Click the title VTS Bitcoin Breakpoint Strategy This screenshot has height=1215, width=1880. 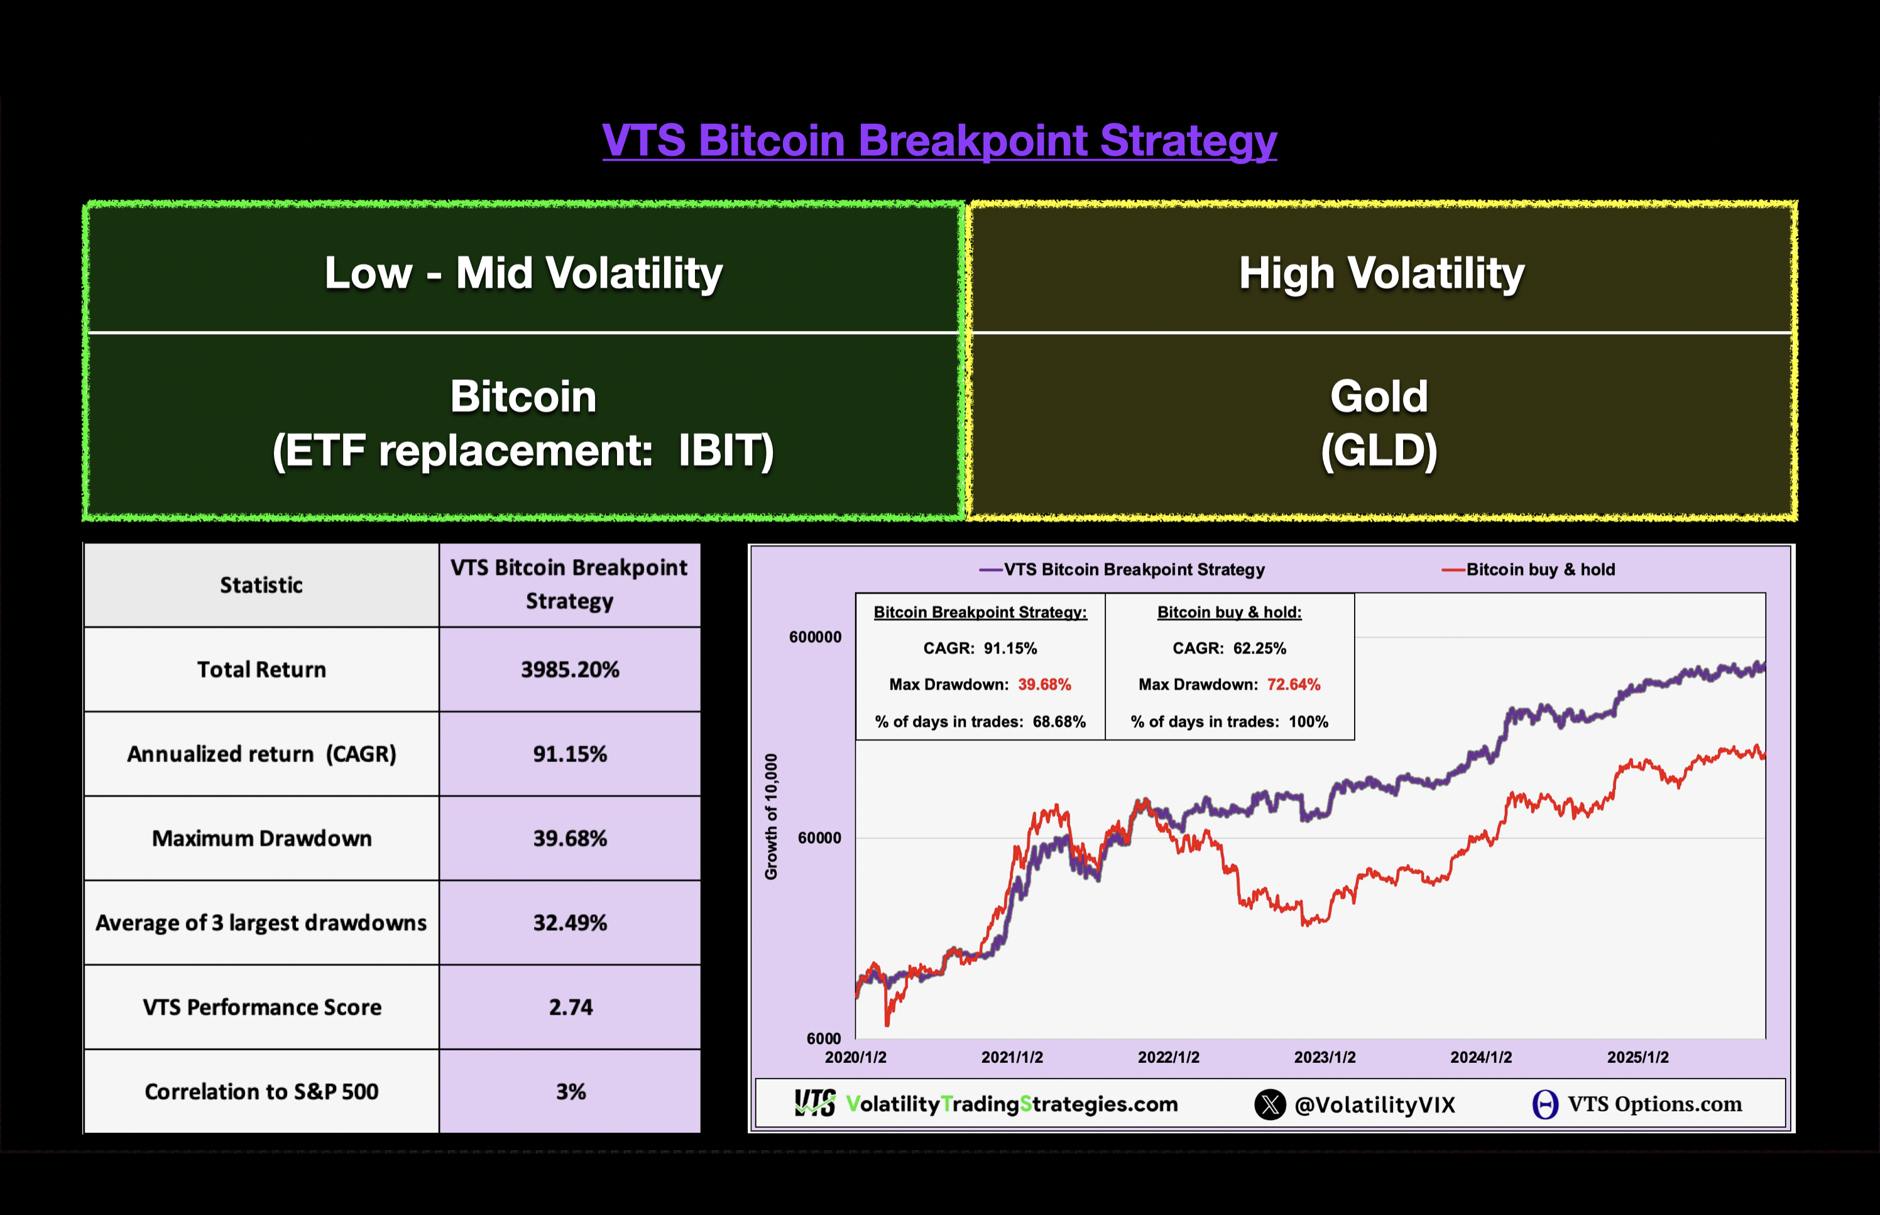939,141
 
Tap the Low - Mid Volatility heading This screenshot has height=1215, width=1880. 523,273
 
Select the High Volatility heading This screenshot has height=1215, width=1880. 1380,273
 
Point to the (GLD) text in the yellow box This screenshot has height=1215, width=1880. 1379,450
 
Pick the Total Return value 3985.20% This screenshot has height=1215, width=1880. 570,670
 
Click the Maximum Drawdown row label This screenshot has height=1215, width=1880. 261,838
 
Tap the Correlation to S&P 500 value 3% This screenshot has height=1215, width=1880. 571,1092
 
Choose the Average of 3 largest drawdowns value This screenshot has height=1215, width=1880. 570,923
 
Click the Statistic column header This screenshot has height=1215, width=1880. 261,585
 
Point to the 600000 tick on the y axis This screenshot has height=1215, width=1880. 815,636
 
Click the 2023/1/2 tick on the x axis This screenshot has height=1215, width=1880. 1325,1057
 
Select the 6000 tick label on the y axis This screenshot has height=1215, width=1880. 824,1038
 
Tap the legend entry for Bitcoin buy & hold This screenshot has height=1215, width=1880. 1539,570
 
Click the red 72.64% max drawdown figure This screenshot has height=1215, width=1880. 1293,685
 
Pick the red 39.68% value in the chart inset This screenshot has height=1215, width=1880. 1044,685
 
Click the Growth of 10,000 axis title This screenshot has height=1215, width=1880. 771,816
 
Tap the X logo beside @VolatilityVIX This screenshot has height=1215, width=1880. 1269,1104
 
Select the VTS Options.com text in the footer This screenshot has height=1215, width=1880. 1654,1104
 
